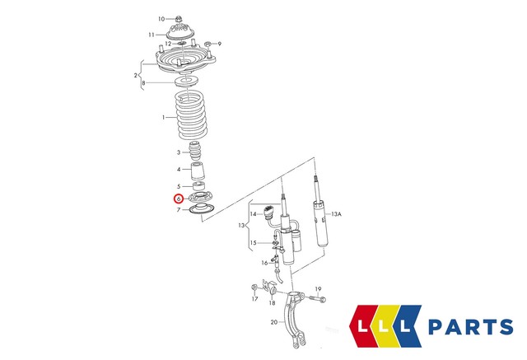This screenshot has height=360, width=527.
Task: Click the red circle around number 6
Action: pyautogui.click(x=178, y=199)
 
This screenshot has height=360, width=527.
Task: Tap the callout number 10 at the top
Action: pyautogui.click(x=161, y=18)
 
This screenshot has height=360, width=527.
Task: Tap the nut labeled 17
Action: pyautogui.click(x=254, y=288)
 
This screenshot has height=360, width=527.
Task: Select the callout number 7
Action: pyautogui.click(x=178, y=211)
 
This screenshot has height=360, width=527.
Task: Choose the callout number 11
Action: pyautogui.click(x=152, y=35)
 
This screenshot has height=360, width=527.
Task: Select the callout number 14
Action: pyautogui.click(x=254, y=214)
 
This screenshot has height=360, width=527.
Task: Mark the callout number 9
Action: pyautogui.click(x=219, y=44)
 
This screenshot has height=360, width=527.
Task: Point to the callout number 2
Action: pyautogui.click(x=136, y=77)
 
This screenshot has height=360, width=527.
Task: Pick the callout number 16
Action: pyautogui.click(x=265, y=263)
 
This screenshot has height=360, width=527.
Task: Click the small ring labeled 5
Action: pyautogui.click(x=198, y=186)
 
